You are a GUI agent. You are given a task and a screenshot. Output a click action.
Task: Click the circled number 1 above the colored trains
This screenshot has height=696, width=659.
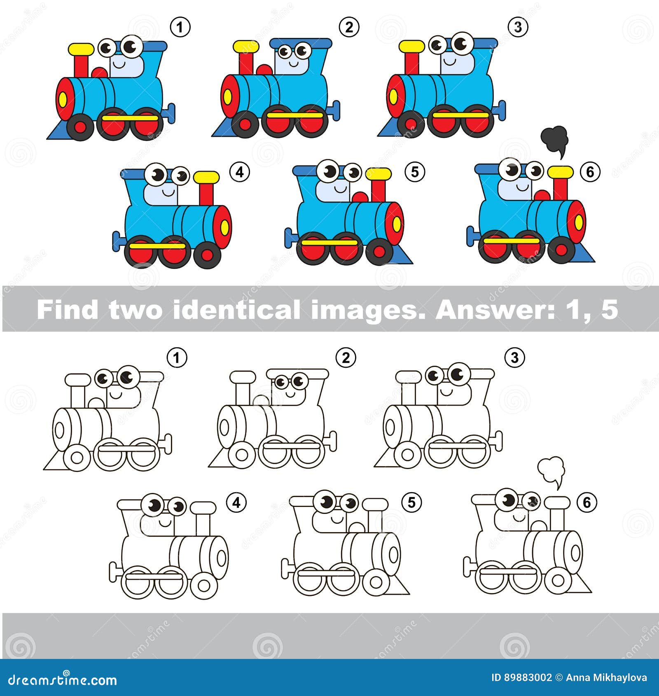click(180, 28)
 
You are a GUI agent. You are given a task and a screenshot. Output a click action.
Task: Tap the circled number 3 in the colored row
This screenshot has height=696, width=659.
click(518, 27)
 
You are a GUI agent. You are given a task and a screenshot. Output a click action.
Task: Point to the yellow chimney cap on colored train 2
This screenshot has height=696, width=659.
click(246, 46)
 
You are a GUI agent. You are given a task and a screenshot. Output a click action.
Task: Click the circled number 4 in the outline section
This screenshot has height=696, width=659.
click(236, 502)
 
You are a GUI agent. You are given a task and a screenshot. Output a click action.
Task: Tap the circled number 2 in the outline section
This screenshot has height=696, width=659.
click(346, 357)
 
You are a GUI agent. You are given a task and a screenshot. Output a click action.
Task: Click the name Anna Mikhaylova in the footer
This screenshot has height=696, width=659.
click(606, 677)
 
